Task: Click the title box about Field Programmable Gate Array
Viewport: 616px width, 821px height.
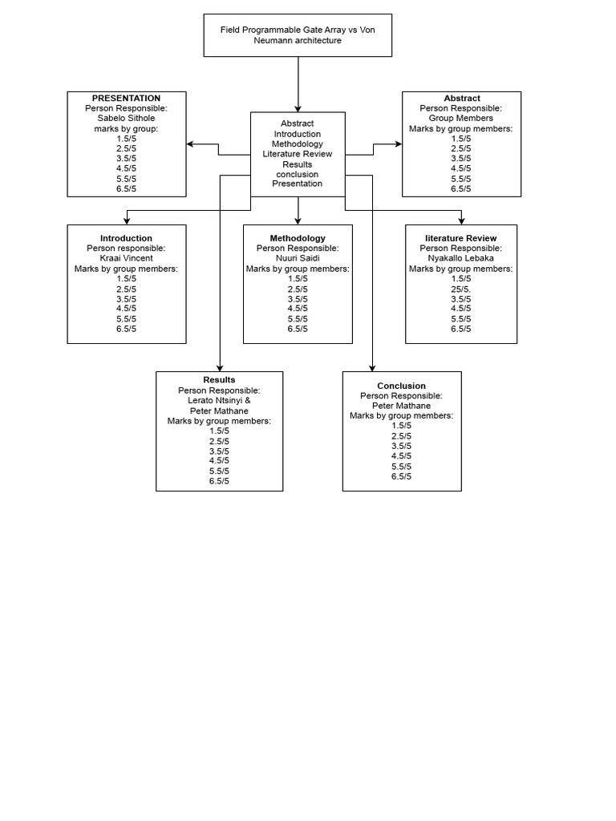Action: [298, 35]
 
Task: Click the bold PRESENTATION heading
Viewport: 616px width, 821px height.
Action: [126, 99]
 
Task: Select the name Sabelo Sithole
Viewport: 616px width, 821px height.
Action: [126, 118]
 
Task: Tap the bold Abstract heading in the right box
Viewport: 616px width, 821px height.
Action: [461, 99]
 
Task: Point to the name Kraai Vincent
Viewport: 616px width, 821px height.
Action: [126, 258]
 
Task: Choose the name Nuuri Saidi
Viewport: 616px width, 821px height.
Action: [298, 258]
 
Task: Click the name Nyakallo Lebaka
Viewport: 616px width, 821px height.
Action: [461, 258]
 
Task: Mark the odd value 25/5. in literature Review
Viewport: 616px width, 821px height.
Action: [461, 289]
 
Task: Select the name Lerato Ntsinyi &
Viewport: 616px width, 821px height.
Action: [219, 401]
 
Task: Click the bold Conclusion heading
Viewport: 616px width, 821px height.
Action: [401, 386]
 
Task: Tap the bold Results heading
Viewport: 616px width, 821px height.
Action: [219, 380]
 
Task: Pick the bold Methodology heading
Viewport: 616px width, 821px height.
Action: [298, 238]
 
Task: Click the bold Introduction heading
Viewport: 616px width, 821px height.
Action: [126, 238]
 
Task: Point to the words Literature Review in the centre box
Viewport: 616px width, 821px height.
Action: [298, 154]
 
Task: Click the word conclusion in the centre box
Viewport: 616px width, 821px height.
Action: [298, 174]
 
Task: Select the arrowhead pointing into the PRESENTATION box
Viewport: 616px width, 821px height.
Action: [191, 144]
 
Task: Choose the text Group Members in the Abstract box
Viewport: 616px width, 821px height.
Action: [461, 118]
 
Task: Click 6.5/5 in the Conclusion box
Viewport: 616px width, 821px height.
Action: [401, 476]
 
